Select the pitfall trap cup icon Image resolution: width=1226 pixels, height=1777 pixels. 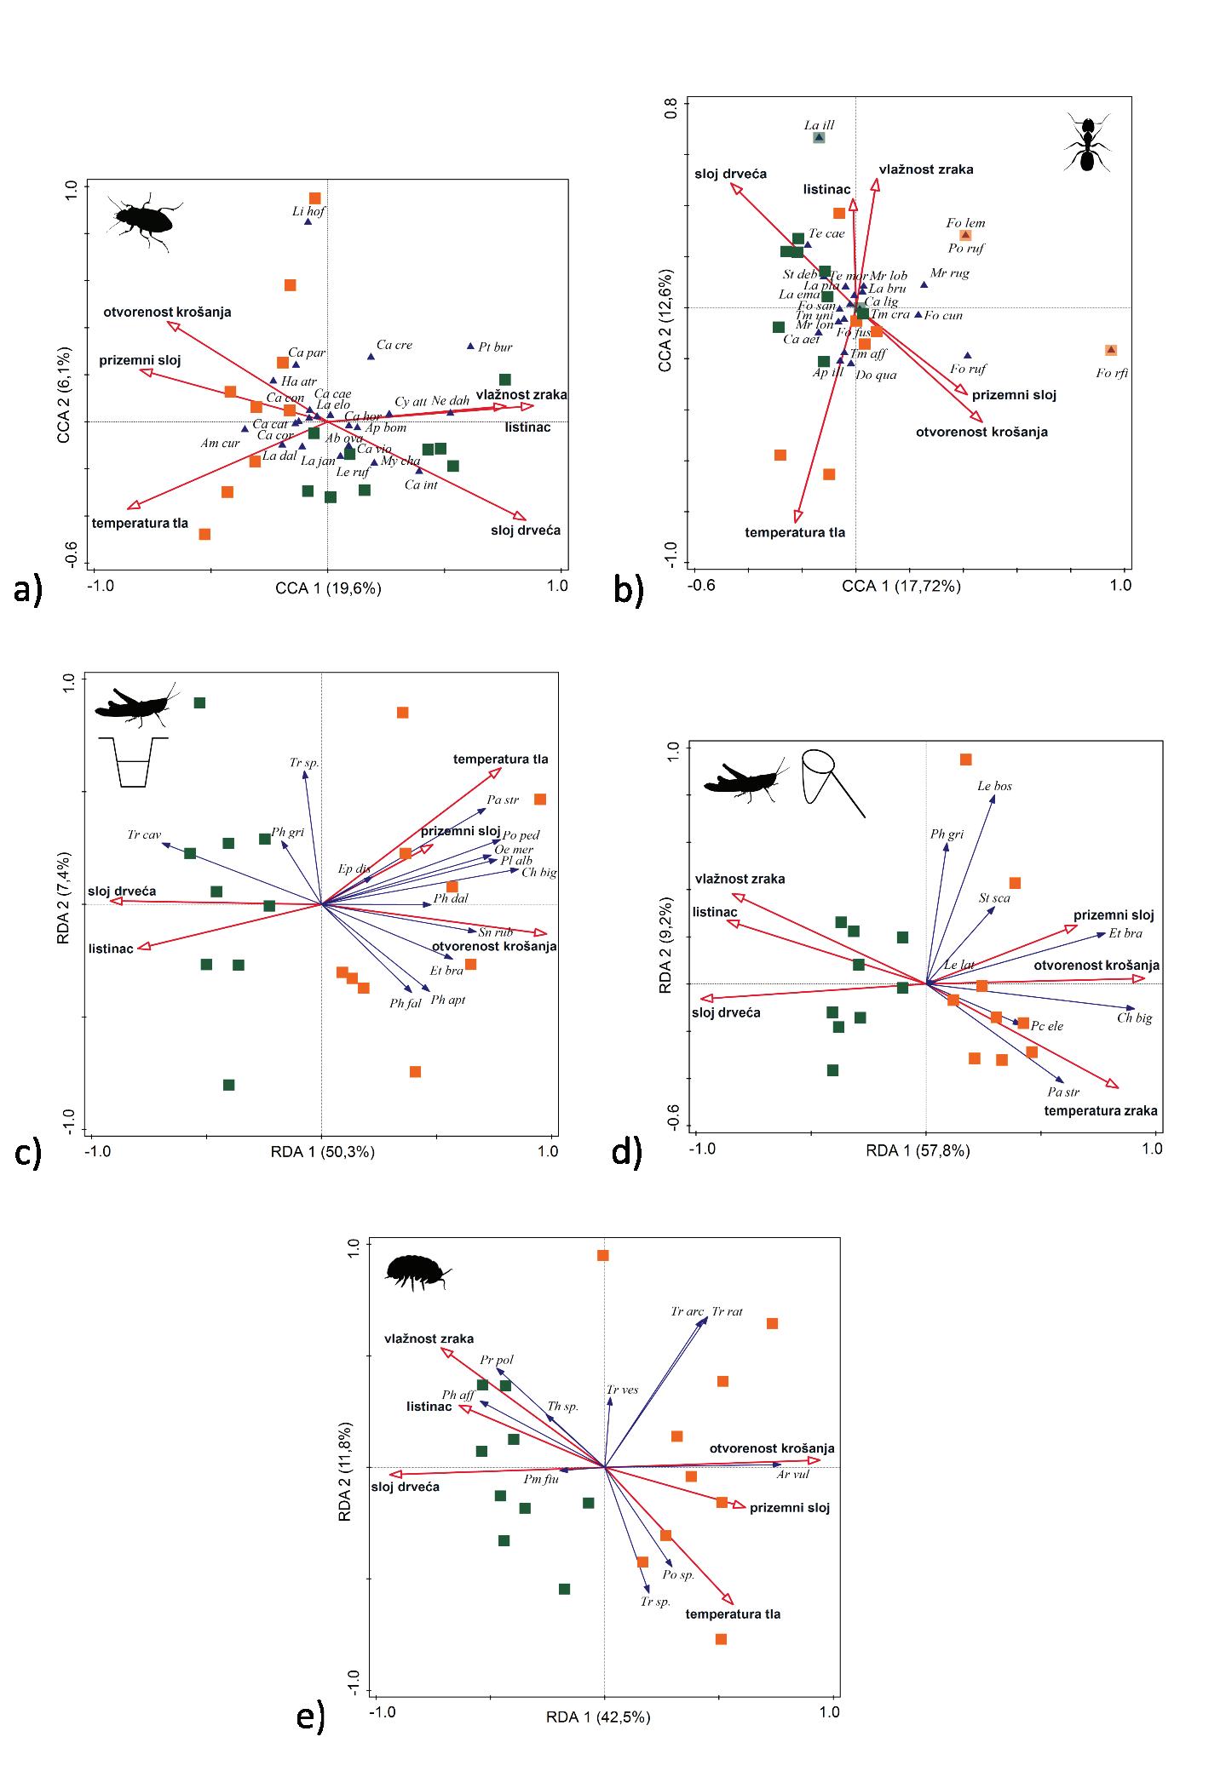click(x=134, y=761)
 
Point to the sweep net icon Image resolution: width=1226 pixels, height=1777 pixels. click(x=830, y=779)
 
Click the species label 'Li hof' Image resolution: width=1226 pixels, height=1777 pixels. click(x=308, y=211)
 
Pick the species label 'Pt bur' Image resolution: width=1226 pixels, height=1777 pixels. click(x=495, y=347)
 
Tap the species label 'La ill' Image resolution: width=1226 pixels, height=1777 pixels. click(x=819, y=125)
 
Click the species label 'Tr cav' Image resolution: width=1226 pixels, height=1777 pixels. click(x=144, y=834)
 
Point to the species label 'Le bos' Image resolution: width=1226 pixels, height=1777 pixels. click(x=994, y=786)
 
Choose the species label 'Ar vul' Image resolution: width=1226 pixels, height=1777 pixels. click(x=793, y=1474)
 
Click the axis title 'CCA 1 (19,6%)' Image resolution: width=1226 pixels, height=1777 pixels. click(x=328, y=588)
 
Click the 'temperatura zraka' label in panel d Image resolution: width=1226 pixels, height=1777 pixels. click(x=1100, y=1110)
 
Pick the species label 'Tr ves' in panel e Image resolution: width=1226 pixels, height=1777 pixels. click(x=622, y=1390)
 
